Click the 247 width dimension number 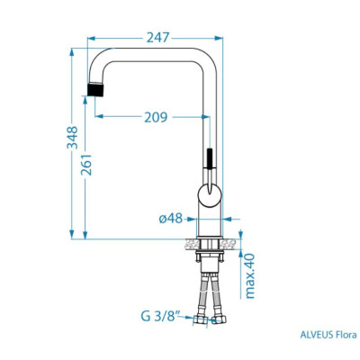coord(158,38)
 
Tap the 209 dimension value coord(156,117)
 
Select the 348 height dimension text coord(72,138)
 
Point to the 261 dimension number coord(86,165)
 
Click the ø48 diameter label coord(170,219)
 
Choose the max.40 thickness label coord(249,276)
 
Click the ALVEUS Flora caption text coord(328,335)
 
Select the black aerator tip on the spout coord(95,89)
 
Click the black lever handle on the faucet coord(210,158)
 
